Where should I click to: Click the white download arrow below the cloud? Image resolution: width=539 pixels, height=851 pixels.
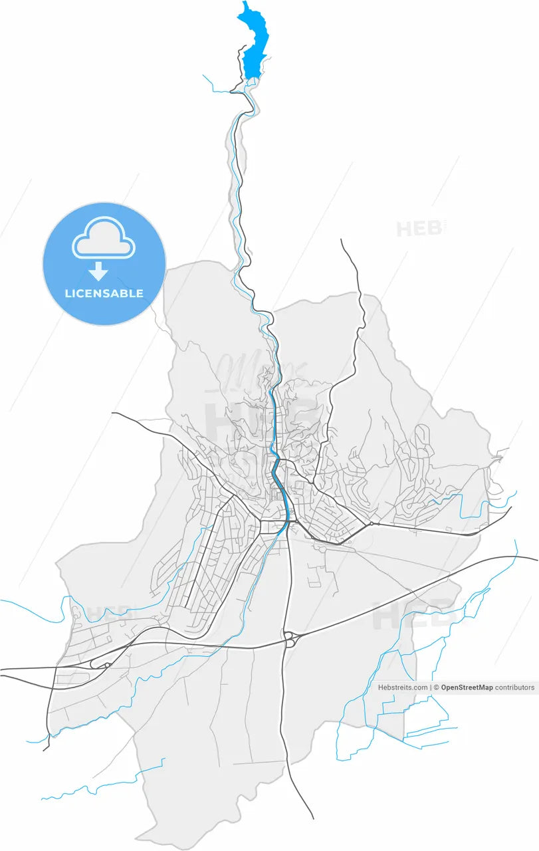[99, 271]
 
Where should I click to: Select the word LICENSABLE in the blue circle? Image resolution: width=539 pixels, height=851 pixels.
[104, 293]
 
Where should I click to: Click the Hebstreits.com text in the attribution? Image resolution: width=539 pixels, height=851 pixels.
[403, 687]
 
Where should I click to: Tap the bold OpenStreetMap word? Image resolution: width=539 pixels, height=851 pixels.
[467, 687]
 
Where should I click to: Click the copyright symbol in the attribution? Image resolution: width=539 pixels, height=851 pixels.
[436, 687]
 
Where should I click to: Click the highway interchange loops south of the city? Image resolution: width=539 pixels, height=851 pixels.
[290, 638]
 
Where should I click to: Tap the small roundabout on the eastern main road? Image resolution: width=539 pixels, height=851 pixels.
[372, 523]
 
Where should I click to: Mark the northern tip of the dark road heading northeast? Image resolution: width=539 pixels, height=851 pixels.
[341, 240]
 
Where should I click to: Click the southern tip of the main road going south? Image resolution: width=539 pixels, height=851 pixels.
[313, 818]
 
